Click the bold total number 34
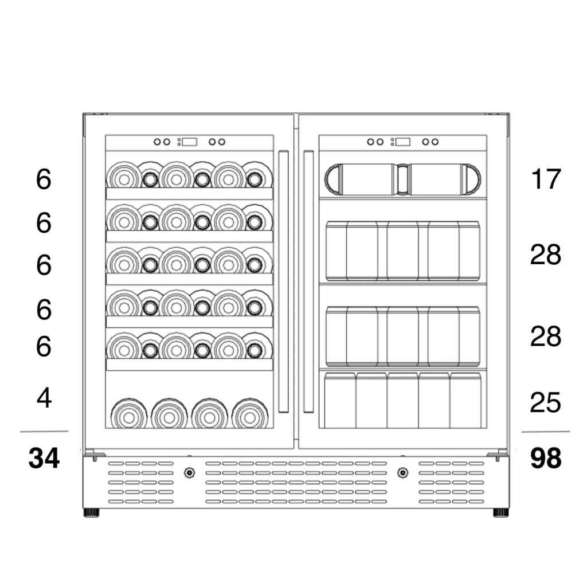point(44,459)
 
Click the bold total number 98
point(545,459)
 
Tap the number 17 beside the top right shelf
point(545,179)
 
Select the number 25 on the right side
point(545,403)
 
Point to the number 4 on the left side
point(44,398)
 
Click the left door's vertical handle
point(283,281)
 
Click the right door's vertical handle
point(308,281)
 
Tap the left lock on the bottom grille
point(189,473)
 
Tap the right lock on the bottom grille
point(403,473)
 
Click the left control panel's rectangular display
point(190,142)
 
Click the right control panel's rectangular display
point(403,142)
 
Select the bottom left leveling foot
point(92,512)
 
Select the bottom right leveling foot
point(500,512)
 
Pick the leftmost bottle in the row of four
point(128,414)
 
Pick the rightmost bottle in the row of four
point(250,414)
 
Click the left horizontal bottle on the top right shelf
point(361,179)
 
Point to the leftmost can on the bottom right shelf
point(340,400)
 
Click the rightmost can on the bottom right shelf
point(465,400)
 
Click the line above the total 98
point(545,431)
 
